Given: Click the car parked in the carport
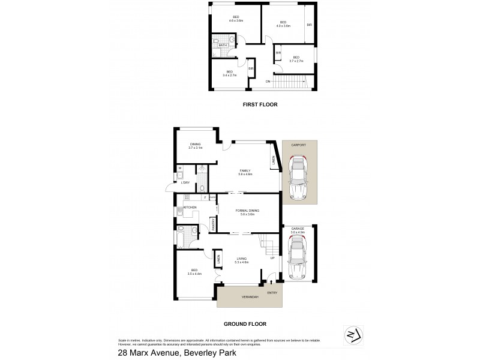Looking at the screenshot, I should tap(298, 178).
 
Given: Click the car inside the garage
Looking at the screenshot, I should tap(299, 257).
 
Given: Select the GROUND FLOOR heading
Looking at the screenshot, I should tap(245, 323).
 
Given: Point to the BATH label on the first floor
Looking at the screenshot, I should tap(223, 45).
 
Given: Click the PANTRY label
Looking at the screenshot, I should tap(214, 224).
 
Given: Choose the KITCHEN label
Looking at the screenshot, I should tap(190, 208).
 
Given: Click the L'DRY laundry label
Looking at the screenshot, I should tap(185, 182).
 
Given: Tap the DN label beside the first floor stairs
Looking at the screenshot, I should tap(268, 81).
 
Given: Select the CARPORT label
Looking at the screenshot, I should tap(298, 145).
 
